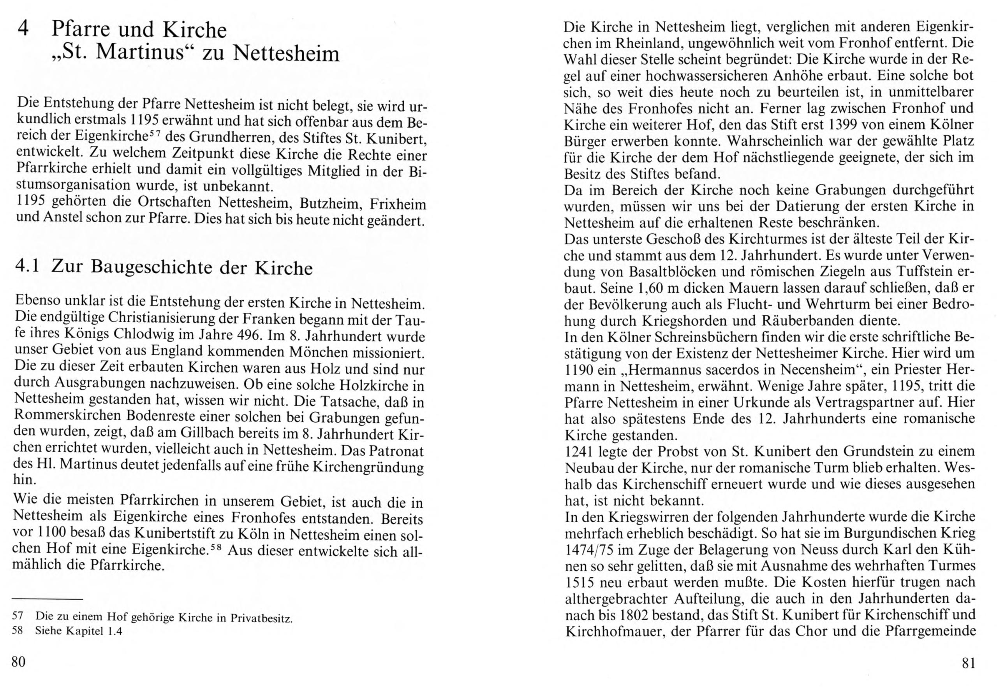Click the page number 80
click(19, 662)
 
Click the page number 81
click(968, 663)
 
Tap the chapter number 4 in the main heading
click(24, 30)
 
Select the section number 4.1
click(27, 266)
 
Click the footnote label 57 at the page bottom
click(18, 616)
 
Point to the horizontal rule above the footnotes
click(47, 599)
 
